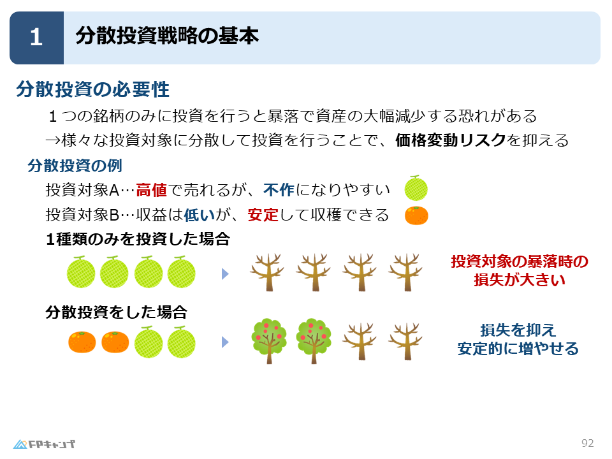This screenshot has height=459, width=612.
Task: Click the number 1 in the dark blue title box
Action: click(36, 38)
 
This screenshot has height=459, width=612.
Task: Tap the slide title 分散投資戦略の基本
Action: click(167, 36)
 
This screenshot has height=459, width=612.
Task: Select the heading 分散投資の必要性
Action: click(93, 89)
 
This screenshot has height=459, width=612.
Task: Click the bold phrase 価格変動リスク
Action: click(451, 140)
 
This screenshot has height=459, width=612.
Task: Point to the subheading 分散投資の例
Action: click(75, 166)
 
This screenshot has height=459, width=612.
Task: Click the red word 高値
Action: click(152, 190)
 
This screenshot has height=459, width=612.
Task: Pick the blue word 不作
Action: click(279, 190)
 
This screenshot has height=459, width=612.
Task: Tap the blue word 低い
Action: click(199, 215)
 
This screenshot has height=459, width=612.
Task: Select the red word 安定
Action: click(263, 215)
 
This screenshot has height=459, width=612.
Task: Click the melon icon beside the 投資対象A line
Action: click(416, 188)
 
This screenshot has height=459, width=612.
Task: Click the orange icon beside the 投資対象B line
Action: click(416, 215)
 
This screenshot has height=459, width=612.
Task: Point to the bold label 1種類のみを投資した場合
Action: click(138, 239)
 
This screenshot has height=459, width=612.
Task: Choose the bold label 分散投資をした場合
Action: click(116, 312)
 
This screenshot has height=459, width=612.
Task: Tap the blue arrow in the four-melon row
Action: click(225, 274)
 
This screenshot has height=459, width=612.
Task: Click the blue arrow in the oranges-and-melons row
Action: click(225, 342)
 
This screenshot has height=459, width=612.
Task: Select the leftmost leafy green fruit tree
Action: click(269, 340)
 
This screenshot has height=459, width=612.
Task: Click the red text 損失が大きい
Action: click(520, 280)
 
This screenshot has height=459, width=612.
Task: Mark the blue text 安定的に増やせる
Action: click(518, 349)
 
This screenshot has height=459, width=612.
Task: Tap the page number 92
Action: click(587, 443)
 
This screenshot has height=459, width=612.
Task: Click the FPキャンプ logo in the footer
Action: click(44, 444)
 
